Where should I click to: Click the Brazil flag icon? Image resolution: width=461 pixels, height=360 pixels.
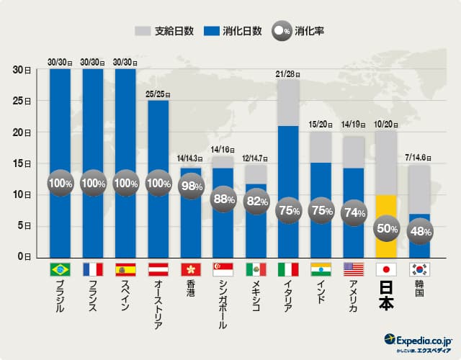coord(60,270)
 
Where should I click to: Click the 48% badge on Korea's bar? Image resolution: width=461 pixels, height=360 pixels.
coord(419,232)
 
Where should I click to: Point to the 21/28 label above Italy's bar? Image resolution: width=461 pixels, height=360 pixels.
coord(288,73)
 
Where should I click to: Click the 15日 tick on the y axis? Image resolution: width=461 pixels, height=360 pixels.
coord(22,163)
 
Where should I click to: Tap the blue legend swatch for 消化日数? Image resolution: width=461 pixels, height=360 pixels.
coord(212,32)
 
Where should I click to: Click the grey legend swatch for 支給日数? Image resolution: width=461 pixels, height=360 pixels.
coord(143,32)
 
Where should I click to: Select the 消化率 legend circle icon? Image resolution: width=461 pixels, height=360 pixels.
coord(281,32)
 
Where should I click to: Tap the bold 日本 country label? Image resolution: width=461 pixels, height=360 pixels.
coord(387,294)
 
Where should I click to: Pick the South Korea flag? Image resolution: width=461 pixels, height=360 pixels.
coord(419,270)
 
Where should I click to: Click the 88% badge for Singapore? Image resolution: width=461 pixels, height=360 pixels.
coord(223,199)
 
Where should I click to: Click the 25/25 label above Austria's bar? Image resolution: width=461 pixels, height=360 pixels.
coord(158,93)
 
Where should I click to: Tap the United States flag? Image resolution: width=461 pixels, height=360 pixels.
coord(354,270)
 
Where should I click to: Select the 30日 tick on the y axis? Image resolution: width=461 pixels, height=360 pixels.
coord(22,70)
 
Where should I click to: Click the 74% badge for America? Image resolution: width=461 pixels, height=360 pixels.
coord(354,212)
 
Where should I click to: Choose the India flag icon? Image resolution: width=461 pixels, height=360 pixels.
coord(321,270)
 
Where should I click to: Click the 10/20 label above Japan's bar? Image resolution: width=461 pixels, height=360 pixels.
coord(387,124)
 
